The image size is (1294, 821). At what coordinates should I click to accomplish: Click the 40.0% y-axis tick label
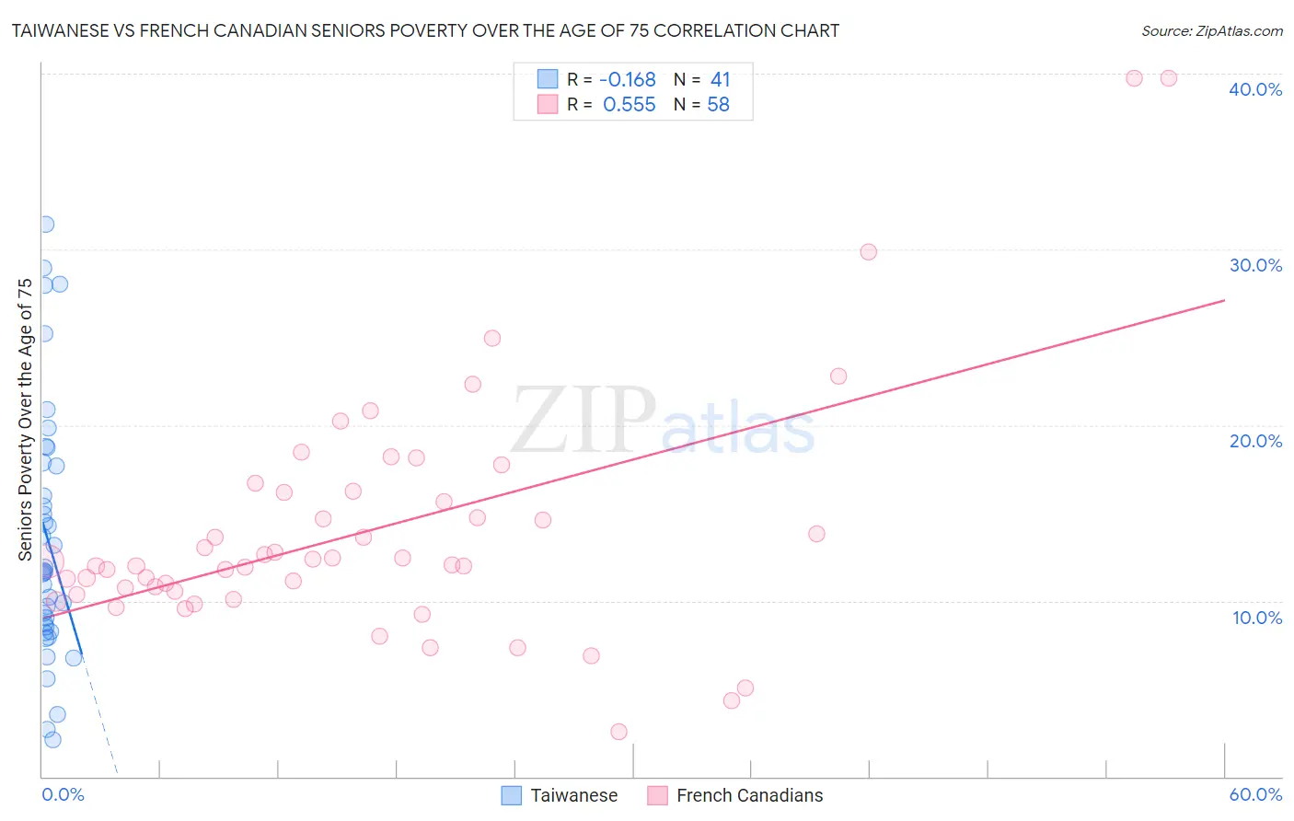pyautogui.click(x=1255, y=89)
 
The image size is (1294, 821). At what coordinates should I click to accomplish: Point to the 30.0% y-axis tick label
pyautogui.click(x=1255, y=265)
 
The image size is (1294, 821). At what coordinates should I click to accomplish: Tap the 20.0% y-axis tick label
pyautogui.click(x=1255, y=441)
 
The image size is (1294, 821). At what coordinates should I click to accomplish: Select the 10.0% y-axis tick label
pyautogui.click(x=1257, y=618)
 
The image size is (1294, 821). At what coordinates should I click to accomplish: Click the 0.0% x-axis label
pyautogui.click(x=63, y=794)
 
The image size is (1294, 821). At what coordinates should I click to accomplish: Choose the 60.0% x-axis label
pyautogui.click(x=1255, y=794)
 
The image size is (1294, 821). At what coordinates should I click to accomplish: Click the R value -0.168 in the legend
pyautogui.click(x=628, y=80)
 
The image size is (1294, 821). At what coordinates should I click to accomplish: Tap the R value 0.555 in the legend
pyautogui.click(x=630, y=105)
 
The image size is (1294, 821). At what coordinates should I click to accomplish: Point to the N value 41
pyautogui.click(x=720, y=80)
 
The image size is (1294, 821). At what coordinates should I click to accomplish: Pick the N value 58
pyautogui.click(x=718, y=105)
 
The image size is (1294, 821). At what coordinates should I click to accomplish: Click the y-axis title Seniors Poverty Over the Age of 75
pyautogui.click(x=26, y=419)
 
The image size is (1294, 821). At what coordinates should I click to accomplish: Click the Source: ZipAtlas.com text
pyautogui.click(x=1211, y=31)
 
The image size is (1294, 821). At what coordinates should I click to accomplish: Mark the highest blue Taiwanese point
pyautogui.click(x=45, y=225)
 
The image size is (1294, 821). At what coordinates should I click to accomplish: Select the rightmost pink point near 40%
pyautogui.click(x=1169, y=78)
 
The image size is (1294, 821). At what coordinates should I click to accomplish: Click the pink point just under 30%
pyautogui.click(x=868, y=252)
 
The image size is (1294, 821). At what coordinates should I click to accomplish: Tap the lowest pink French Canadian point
pyautogui.click(x=618, y=732)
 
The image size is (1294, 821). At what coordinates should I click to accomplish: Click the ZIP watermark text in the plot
pyautogui.click(x=583, y=422)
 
